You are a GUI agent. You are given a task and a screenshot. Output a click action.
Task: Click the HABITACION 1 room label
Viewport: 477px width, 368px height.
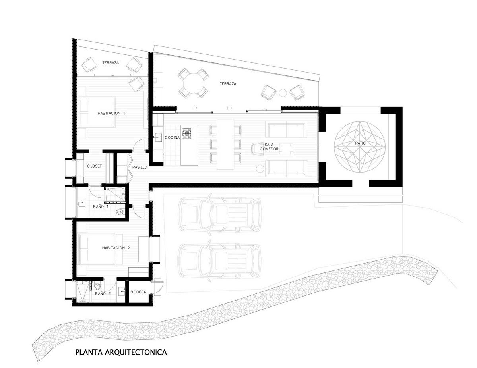pos(111,113)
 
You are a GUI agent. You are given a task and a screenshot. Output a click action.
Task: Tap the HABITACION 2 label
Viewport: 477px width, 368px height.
pos(116,248)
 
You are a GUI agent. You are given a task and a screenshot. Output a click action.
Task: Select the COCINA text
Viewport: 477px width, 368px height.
pos(173,137)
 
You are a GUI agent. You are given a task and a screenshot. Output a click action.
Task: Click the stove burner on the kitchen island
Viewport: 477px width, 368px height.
pos(186,133)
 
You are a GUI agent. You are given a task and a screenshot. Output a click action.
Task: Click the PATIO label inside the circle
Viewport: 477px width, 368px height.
pos(360,143)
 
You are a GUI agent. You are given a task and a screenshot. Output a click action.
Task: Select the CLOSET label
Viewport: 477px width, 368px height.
pos(95,166)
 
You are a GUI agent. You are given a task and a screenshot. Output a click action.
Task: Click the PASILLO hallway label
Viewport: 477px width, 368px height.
pos(140,167)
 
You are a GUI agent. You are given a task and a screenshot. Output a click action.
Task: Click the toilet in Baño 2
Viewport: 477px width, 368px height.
pos(97,286)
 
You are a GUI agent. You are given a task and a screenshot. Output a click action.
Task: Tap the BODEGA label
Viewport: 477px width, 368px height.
pos(138,292)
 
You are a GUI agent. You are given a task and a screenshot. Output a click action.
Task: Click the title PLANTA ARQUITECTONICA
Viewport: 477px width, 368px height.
pos(121,352)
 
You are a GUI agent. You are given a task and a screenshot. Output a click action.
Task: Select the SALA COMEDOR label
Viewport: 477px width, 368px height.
pos(270,147)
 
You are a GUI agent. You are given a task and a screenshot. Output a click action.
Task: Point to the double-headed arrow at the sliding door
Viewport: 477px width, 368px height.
pos(229,108)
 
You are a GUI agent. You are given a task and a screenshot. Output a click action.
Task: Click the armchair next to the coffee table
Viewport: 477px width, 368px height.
pos(257,149)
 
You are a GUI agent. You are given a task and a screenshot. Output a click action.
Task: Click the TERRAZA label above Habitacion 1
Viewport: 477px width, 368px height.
pos(111,63)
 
